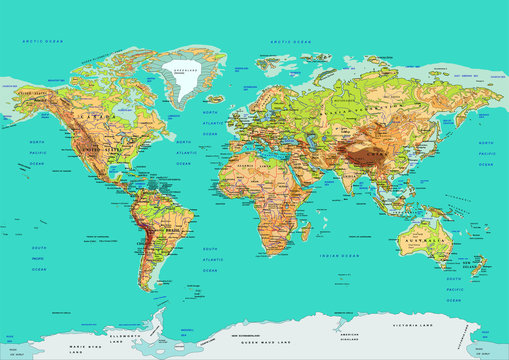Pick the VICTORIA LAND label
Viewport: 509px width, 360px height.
click(x=444, y=324)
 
